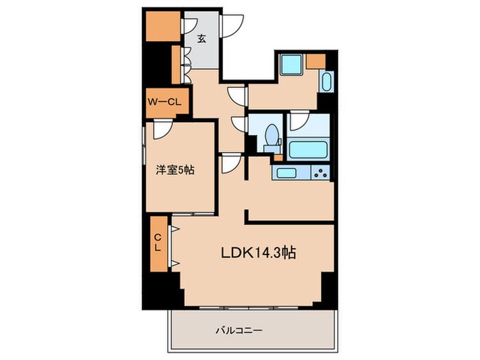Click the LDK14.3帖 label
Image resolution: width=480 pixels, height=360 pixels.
click(257, 252)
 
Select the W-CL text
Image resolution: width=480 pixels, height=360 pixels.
click(164, 102)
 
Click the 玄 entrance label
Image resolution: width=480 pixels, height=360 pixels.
click(202, 39)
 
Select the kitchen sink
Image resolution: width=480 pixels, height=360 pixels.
click(285, 173)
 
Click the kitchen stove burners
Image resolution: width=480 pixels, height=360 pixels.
click(320, 173)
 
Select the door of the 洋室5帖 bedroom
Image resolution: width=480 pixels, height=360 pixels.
click(162, 128)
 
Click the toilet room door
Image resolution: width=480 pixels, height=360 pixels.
click(239, 123)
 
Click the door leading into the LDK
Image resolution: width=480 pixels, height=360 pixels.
click(228, 164)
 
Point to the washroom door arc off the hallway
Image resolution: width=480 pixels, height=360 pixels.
click(237, 95)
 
